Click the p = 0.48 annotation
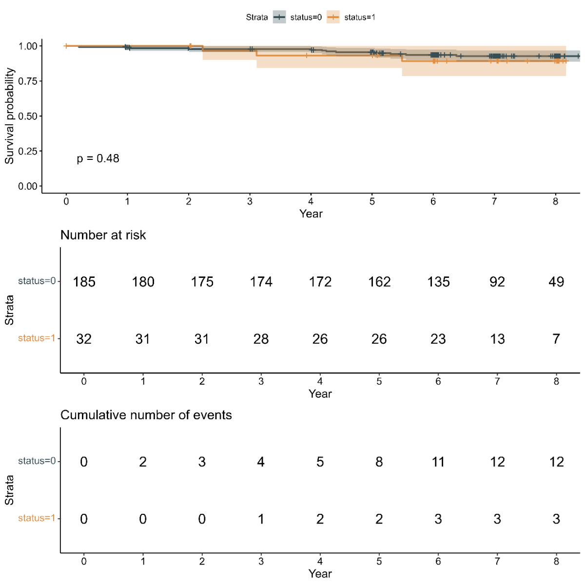pos(98,158)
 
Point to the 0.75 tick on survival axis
pos(28,81)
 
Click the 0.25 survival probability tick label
pos(28,151)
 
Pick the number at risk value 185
pos(84,282)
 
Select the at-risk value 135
pos(438,282)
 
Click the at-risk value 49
pos(556,282)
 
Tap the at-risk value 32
pos(84,339)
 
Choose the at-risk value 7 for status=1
pos(556,339)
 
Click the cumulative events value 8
pos(379,462)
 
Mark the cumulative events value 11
pos(438,462)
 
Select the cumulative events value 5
pos(320,462)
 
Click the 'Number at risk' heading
pos(103,235)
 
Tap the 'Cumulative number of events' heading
pos(146,415)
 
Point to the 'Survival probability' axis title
pos(9,116)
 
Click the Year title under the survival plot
pos(311,214)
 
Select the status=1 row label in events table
pos(37,518)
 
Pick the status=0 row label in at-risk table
pos(37,281)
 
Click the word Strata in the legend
pos(257,18)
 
